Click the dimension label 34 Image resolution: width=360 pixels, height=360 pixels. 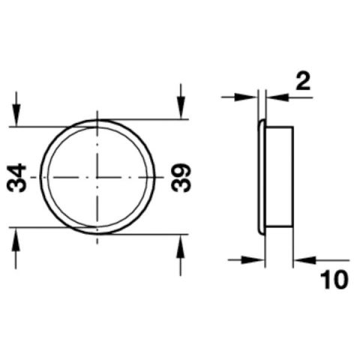(18, 178)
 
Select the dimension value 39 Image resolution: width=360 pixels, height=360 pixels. (182, 178)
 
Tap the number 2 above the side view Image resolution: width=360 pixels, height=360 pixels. (303, 81)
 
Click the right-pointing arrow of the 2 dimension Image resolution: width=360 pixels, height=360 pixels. (250, 97)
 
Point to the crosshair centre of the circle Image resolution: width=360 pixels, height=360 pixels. (97, 177)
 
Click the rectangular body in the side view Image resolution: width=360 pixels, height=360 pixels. (278, 177)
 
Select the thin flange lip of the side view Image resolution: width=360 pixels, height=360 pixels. (261, 177)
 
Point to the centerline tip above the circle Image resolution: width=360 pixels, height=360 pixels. (97, 113)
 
